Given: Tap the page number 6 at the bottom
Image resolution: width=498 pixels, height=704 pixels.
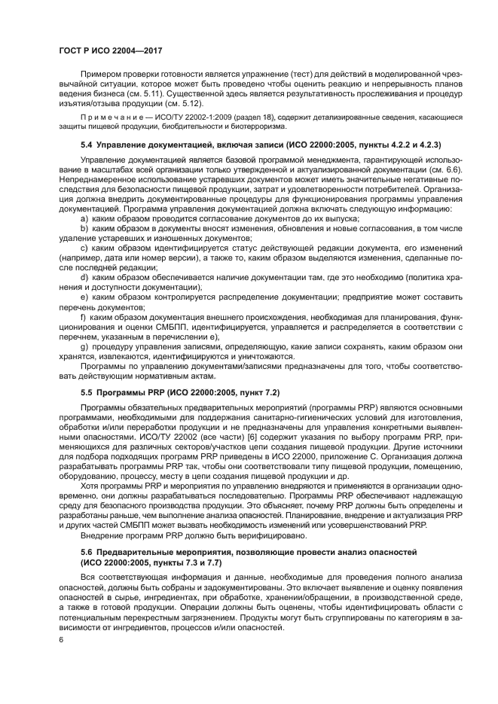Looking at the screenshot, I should pyautogui.click(x=61, y=638).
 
